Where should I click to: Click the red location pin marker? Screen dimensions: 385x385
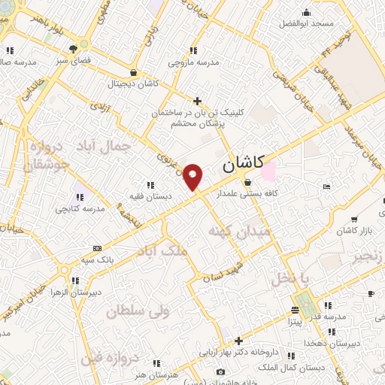pos(193,176)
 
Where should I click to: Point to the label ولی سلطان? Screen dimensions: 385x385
pos(138,309)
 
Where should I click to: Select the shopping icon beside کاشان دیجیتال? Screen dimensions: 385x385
pos(133,73)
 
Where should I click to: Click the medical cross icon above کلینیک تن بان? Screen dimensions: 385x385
pos(197,100)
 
